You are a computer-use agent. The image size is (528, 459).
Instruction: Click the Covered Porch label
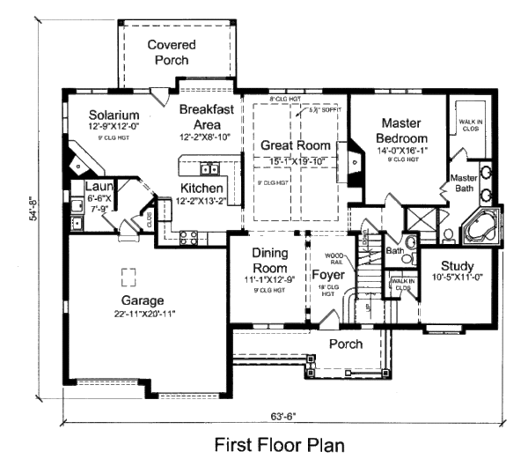(x=171, y=52)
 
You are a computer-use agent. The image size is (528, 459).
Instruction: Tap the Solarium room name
(x=115, y=115)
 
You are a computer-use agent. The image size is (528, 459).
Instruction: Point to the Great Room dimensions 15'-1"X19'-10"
(x=296, y=160)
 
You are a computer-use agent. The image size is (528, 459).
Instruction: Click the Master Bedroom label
(x=401, y=131)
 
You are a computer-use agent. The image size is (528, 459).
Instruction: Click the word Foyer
(x=327, y=274)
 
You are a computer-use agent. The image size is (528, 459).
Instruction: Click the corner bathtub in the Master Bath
(x=480, y=230)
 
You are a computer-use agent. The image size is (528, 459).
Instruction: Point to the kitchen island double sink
(x=209, y=168)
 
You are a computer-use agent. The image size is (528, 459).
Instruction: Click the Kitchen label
(x=202, y=189)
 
